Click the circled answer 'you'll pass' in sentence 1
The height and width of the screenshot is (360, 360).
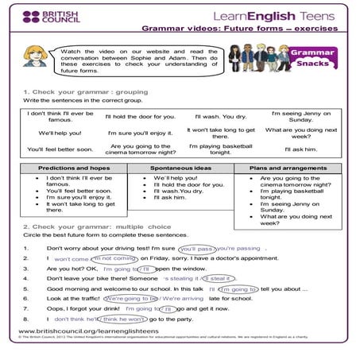click(x=196, y=248)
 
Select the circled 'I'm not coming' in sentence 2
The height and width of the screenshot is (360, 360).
click(x=111, y=258)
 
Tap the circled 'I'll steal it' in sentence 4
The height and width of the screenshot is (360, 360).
click(x=219, y=278)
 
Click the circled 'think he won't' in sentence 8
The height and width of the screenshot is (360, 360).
click(x=121, y=318)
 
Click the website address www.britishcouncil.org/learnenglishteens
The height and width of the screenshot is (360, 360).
click(x=85, y=330)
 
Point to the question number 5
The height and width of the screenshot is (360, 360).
click(x=26, y=288)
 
